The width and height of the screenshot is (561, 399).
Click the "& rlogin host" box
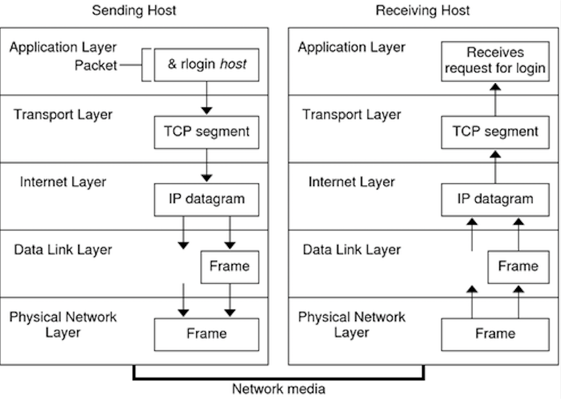coord(206,65)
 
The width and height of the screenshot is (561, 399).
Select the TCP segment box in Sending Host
coord(206,132)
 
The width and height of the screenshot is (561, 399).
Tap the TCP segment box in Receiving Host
coord(495,132)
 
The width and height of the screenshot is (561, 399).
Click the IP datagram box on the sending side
coord(206,199)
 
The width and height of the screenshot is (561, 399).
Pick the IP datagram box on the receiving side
coord(495,199)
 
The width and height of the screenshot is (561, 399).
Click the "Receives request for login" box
coord(495,61)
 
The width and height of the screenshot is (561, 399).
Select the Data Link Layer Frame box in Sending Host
coord(230,266)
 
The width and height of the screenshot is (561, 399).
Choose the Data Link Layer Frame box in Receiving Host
coord(518,266)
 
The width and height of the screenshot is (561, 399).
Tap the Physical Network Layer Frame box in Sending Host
coord(206,334)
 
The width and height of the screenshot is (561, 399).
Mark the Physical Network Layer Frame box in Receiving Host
coord(495,334)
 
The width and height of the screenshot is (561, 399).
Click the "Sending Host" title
coord(134,11)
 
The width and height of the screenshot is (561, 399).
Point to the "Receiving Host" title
coord(423,11)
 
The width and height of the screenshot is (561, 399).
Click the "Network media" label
coord(278,389)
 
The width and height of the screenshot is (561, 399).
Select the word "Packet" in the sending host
coord(96,65)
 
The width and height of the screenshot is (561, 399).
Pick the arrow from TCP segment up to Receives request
coord(495,99)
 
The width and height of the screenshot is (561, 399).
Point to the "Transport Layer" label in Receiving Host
coord(352,114)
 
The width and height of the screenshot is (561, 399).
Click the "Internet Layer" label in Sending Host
coord(63,182)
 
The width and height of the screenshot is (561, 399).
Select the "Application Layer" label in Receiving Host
coord(352,47)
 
